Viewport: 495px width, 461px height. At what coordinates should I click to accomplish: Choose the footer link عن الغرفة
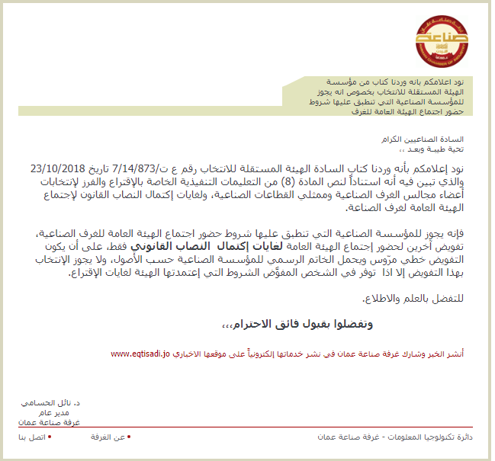[108, 437]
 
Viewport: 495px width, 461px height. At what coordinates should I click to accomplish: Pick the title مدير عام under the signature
[65, 412]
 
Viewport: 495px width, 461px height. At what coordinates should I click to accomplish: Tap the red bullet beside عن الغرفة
[129, 437]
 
